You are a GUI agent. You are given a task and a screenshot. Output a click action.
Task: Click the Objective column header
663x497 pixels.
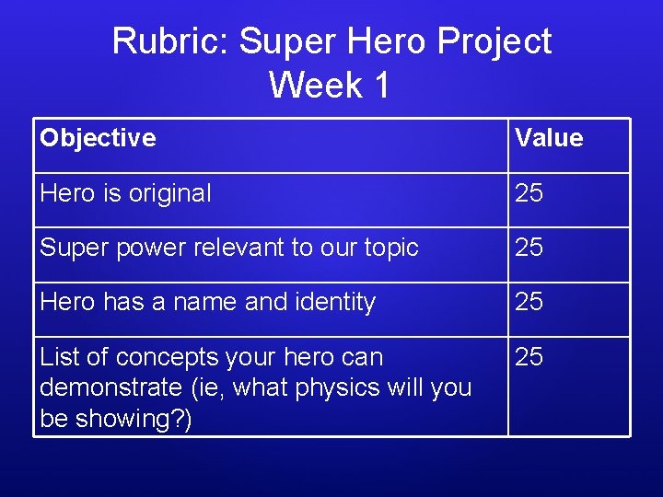click(x=98, y=138)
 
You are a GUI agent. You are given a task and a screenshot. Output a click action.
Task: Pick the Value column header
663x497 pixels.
click(x=549, y=138)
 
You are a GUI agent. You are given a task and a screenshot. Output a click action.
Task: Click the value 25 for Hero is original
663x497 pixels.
click(x=529, y=193)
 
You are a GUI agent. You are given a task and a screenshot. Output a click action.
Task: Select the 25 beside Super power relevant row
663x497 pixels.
click(x=529, y=248)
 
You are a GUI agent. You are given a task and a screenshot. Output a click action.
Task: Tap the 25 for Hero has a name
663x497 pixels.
click(x=529, y=302)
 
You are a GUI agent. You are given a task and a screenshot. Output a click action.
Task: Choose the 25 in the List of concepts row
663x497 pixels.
click(x=529, y=356)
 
